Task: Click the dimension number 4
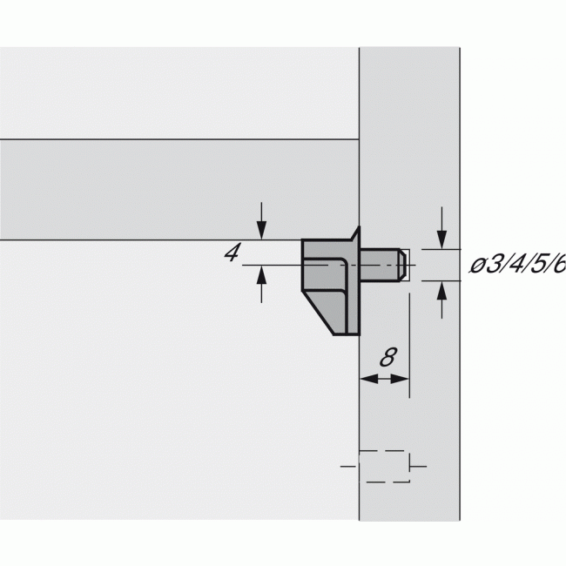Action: [x=232, y=253]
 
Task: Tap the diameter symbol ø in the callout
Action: [x=478, y=266]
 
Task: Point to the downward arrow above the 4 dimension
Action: [x=261, y=229]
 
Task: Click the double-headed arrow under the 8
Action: [x=384, y=379]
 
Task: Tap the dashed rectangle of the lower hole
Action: [x=384, y=467]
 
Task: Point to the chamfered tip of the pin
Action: [x=403, y=264]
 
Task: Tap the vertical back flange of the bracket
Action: [x=354, y=287]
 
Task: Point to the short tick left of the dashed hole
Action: [x=349, y=467]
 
